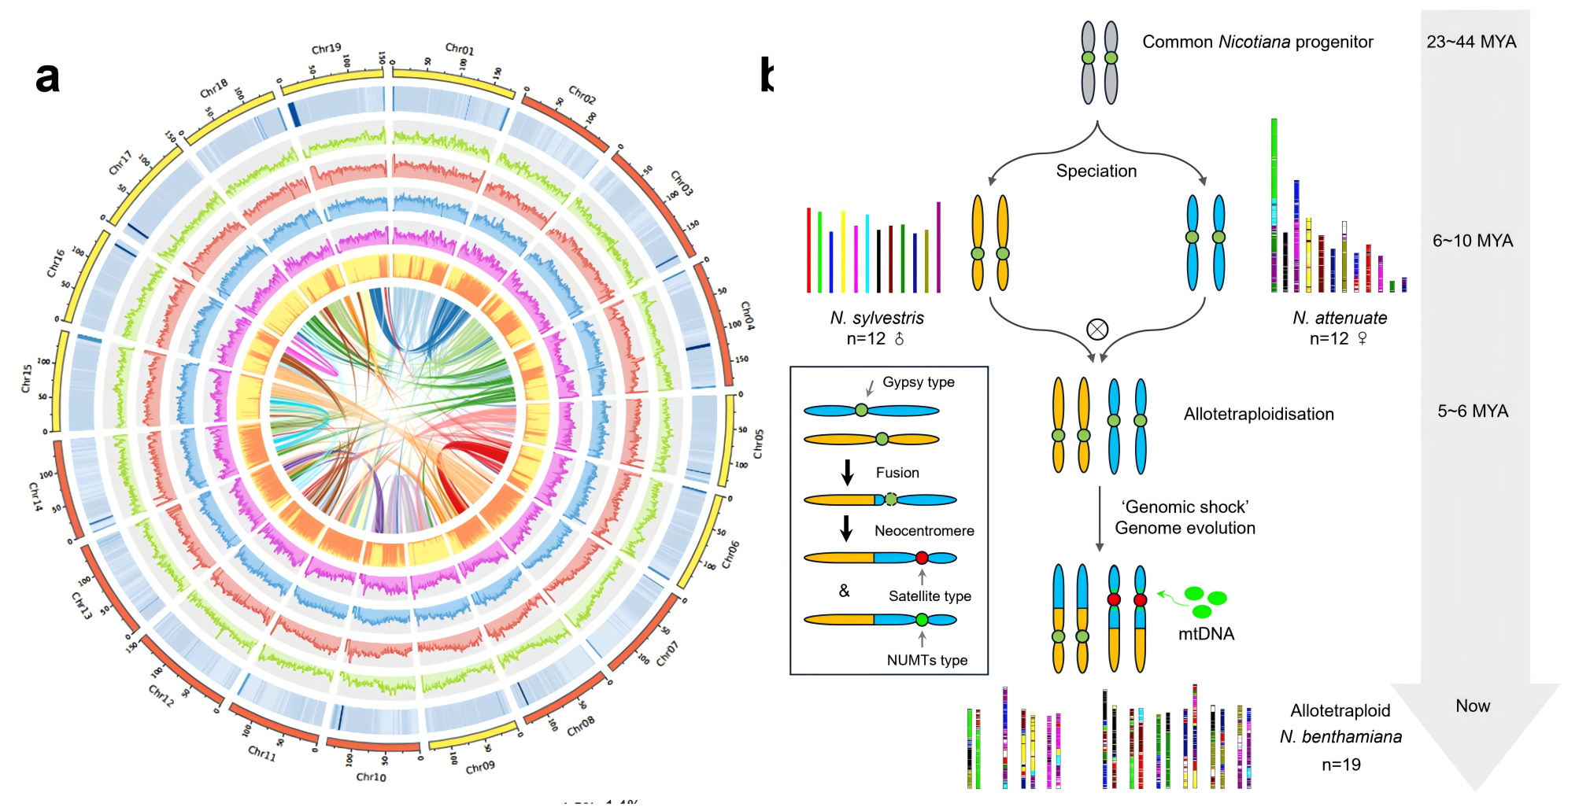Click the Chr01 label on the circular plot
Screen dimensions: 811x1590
[460, 50]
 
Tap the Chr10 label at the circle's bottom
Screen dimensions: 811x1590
[371, 777]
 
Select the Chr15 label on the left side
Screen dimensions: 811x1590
[26, 378]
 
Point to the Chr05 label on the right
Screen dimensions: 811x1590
[758, 444]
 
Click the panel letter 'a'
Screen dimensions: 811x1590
[47, 77]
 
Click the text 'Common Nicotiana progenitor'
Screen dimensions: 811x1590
[1257, 42]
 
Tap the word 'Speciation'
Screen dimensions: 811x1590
[1096, 171]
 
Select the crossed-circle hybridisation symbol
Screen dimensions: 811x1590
[1096, 329]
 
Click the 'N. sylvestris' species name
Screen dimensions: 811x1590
[877, 318]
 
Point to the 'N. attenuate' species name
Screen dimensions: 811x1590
[1340, 318]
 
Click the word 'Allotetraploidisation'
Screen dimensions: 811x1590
[1259, 414]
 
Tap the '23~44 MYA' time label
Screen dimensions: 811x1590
[1471, 42]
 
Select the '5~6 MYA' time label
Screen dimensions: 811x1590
[1473, 411]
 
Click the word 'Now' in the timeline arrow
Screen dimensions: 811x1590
[1473, 706]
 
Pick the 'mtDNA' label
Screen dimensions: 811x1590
[1206, 634]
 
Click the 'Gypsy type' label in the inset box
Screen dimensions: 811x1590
[918, 382]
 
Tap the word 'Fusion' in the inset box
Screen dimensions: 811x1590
[897, 473]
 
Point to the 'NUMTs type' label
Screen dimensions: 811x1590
[926, 660]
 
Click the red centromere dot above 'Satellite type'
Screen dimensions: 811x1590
[922, 558]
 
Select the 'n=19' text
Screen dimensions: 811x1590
[1340, 765]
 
